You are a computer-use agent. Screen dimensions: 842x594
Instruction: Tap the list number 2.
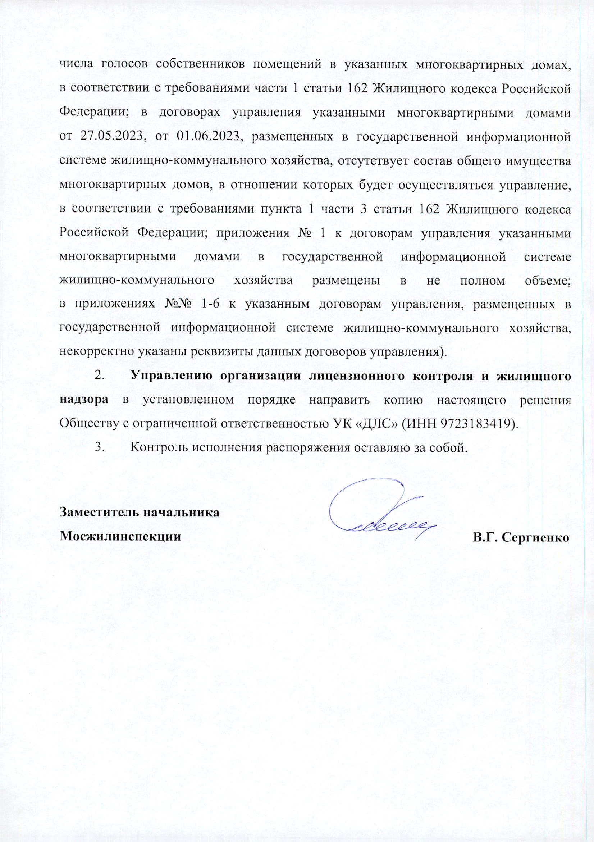[x=99, y=376]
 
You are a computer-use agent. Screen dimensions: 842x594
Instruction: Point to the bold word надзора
[x=84, y=400]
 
